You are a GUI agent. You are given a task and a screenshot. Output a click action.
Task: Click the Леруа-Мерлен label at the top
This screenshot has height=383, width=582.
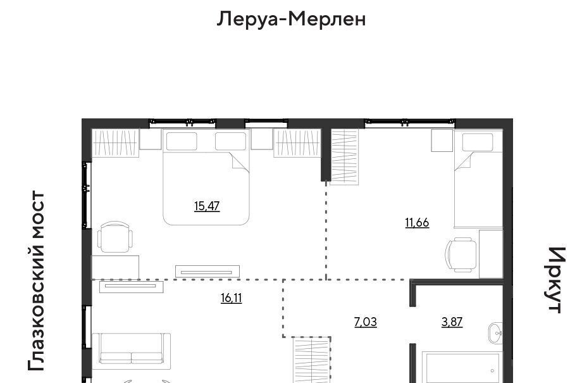point(291,18)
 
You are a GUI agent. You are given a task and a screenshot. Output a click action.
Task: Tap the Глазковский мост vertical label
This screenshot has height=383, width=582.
point(37,281)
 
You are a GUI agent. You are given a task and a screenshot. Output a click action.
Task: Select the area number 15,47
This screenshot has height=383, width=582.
point(207,206)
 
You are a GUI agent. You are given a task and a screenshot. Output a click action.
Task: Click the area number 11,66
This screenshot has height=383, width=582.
point(417,222)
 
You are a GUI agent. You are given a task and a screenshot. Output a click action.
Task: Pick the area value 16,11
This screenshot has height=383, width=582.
point(232,298)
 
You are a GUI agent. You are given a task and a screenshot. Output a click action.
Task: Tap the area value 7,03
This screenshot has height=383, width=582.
point(366,322)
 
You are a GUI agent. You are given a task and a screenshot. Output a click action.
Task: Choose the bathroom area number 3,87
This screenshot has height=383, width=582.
point(452,322)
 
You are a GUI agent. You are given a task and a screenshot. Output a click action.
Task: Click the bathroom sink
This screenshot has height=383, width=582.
point(495,333)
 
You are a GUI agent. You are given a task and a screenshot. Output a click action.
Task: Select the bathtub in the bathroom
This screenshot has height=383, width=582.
point(462,367)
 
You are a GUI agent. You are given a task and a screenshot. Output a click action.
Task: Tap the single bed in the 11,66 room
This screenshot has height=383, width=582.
point(478,179)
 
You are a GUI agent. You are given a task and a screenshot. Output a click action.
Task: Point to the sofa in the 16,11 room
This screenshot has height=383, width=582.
point(132,351)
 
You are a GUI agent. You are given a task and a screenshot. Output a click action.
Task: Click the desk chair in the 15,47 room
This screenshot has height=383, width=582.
point(115,237)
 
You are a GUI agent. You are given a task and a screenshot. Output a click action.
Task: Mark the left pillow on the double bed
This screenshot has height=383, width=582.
point(182,141)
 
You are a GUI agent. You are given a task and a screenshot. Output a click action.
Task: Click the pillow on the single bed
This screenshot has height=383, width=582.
point(478,142)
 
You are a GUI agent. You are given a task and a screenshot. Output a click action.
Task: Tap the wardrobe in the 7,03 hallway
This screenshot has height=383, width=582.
point(311,360)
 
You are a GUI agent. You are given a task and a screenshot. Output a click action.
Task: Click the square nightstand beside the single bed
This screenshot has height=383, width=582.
point(442,141)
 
